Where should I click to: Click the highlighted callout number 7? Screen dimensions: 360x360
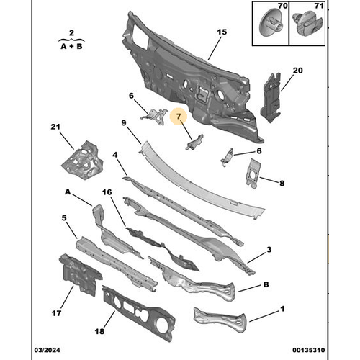tap(179, 117)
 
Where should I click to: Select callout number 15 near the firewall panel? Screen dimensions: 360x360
tap(222, 32)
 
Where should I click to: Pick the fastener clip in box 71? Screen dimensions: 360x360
tap(308, 24)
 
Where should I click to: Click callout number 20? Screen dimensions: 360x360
tap(297, 71)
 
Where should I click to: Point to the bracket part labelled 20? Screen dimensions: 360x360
tap(271, 98)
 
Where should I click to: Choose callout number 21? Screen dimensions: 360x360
tap(55, 127)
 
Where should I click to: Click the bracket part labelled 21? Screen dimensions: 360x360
tap(82, 161)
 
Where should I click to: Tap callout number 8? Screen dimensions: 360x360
tap(282, 184)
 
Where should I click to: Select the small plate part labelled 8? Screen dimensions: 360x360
tap(253, 174)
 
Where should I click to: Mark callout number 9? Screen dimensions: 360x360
tap(124, 123)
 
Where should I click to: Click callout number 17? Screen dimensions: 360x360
tap(56, 313)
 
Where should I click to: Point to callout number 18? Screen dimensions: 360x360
tap(99, 331)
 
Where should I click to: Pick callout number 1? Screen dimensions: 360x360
tap(282, 309)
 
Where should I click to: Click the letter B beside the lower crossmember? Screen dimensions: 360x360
tap(266, 284)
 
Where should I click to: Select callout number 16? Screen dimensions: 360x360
tap(107, 192)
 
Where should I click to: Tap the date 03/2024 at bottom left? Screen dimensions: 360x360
tap(47, 350)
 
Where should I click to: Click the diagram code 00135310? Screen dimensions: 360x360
tap(309, 350)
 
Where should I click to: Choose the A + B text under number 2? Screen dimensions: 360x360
tap(71, 46)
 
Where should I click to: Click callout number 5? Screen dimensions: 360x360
tap(64, 218)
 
